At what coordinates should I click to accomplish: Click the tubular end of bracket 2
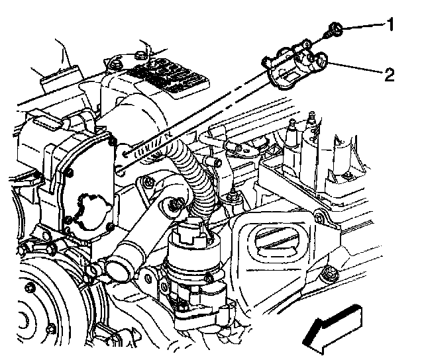tap(320, 64)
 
